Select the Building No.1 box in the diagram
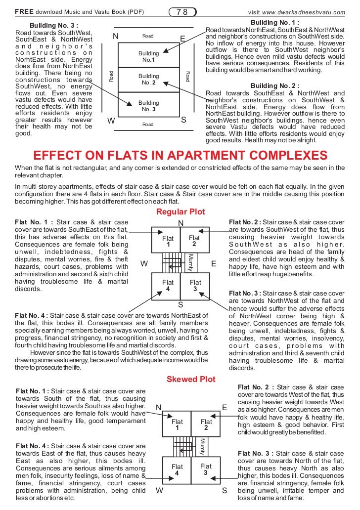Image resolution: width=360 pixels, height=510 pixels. coord(148,56)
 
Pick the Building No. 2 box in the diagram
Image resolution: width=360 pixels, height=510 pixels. coord(148,79)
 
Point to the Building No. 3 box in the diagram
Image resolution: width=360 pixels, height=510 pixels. coord(148,105)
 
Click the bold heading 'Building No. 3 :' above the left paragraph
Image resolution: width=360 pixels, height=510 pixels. coord(54,25)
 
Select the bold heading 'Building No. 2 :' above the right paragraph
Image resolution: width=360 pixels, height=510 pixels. coord(275,85)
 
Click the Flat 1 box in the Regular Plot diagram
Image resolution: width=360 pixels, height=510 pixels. coord(168,241)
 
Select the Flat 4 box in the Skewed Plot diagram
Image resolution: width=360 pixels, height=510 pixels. coord(177,469)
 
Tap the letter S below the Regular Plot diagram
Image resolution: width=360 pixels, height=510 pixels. coord(180,305)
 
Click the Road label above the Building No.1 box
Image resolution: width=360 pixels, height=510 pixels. coord(148,36)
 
